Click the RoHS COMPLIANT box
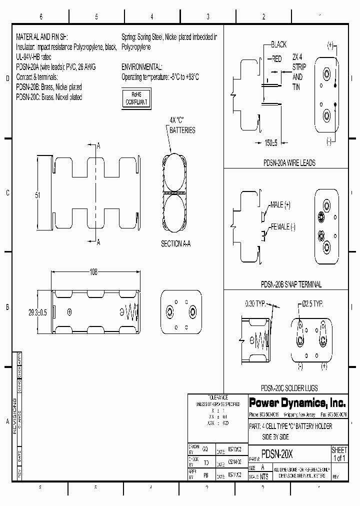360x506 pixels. click(136, 97)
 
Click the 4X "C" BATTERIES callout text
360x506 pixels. click(182, 125)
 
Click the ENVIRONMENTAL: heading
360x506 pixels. click(141, 66)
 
